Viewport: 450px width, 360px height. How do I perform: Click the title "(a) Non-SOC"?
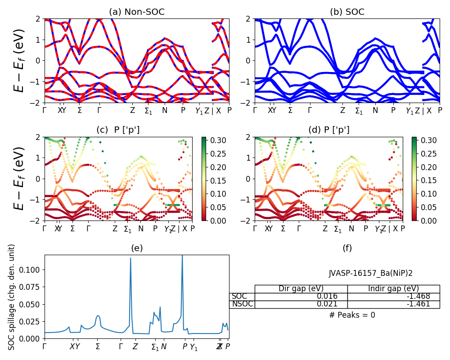tap(137, 12)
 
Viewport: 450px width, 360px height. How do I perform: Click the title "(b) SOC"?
tap(347, 12)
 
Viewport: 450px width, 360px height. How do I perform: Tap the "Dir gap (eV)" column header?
tap(301, 288)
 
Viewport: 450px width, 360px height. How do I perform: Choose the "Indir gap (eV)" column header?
tap(393, 288)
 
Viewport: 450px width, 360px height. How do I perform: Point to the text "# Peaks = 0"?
tap(352, 315)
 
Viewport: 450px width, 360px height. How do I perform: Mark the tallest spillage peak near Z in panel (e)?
tap(130, 258)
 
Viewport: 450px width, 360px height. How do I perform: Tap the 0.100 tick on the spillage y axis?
tap(32, 270)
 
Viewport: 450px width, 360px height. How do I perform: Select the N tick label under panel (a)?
tap(165, 110)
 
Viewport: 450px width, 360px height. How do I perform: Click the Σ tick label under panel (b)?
tap(290, 110)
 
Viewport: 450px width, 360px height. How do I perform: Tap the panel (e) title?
tap(137, 247)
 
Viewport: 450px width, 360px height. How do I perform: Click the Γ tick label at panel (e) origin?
tap(45, 346)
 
